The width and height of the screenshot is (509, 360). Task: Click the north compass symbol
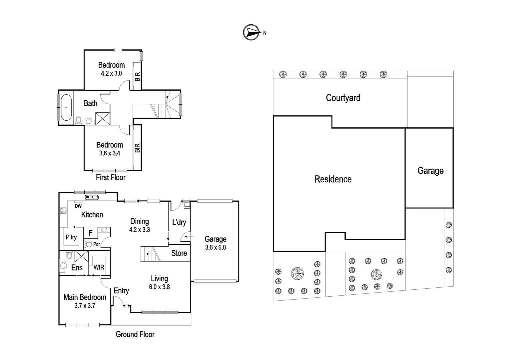(252, 32)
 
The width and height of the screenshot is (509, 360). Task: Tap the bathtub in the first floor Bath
(66, 107)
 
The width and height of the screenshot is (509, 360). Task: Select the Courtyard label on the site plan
(343, 98)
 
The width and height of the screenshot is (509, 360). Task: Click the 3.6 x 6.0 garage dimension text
(216, 247)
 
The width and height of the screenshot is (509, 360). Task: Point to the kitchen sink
(92, 197)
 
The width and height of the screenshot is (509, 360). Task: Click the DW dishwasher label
(78, 206)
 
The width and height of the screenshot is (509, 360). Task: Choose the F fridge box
(91, 233)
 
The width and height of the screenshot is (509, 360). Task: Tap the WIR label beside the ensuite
(99, 267)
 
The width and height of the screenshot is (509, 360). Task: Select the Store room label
(179, 253)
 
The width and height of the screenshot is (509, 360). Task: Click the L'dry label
(179, 222)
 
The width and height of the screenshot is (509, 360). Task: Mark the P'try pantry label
(71, 237)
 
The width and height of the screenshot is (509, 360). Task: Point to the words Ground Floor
(135, 334)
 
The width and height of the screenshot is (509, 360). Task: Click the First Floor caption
(111, 177)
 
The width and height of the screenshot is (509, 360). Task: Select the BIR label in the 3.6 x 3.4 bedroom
(137, 148)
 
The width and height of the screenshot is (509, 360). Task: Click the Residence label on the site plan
(333, 179)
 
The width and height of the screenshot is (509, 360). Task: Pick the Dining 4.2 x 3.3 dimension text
(140, 230)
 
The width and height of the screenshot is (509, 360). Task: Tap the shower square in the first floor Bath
(103, 118)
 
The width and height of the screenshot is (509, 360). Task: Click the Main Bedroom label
(85, 297)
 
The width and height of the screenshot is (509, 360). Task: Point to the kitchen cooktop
(63, 211)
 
